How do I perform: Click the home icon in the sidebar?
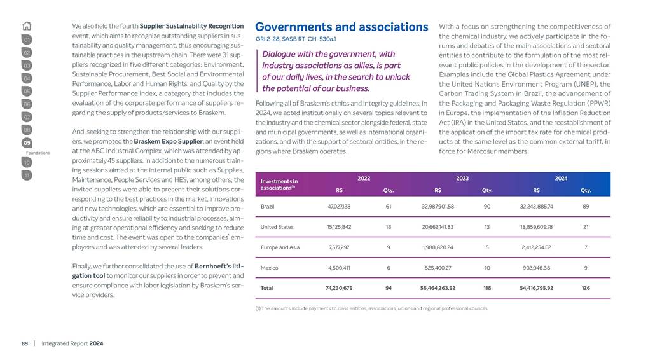(x=27, y=26)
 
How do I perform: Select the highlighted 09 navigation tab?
(x=27, y=143)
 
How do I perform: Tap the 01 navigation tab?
(x=27, y=40)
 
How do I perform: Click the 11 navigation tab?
(x=27, y=174)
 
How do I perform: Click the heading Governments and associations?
(x=341, y=27)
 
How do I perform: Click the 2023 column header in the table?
(x=463, y=179)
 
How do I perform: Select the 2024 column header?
(x=562, y=179)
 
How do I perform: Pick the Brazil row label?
(x=268, y=207)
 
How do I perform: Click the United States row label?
(x=277, y=227)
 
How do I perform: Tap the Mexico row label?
(x=270, y=268)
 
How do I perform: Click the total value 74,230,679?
(x=340, y=288)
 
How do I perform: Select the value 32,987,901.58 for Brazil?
(x=438, y=207)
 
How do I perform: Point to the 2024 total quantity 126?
(x=586, y=288)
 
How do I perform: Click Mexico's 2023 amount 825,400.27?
(x=438, y=268)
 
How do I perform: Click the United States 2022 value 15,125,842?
(x=340, y=227)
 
